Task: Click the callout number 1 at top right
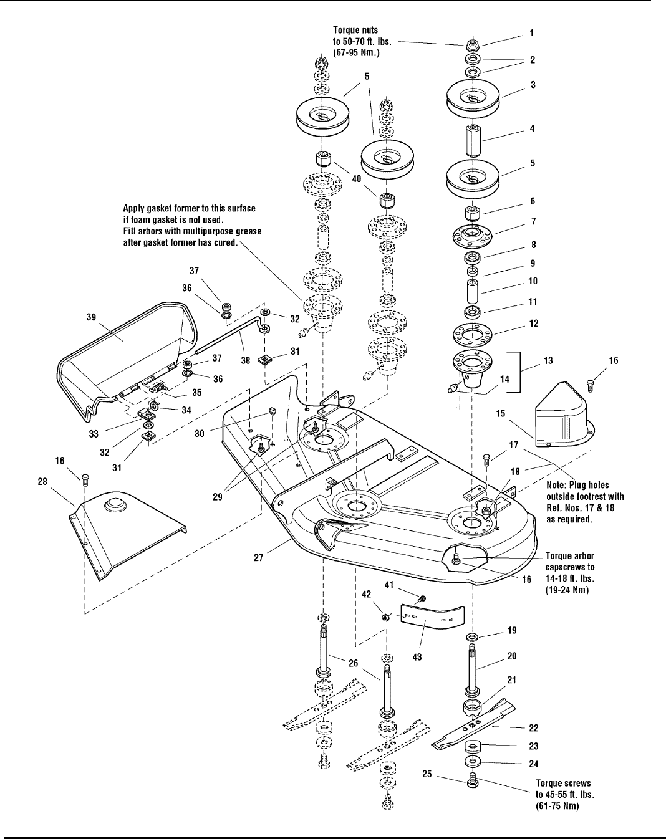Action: [531, 32]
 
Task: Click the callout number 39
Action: [91, 317]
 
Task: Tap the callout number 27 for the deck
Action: [259, 559]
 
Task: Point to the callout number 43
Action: [417, 657]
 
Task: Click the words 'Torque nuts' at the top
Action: [355, 30]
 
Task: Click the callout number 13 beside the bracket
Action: [548, 360]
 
